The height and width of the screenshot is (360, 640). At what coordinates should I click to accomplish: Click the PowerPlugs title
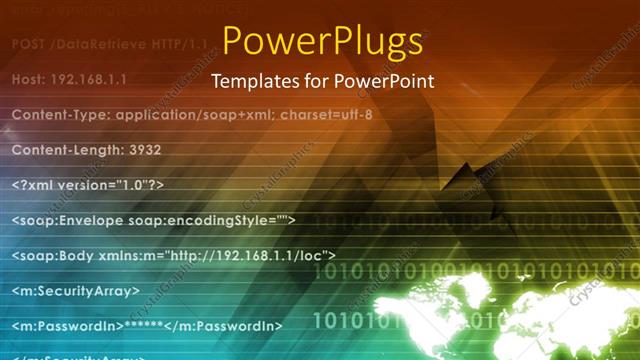[x=321, y=41]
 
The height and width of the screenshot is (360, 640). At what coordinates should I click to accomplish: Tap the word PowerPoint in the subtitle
[x=387, y=81]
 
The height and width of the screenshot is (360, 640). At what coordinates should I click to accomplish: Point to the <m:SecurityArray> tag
[x=76, y=291]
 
